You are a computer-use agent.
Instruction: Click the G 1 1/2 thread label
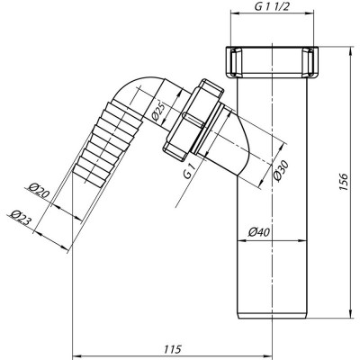coord(272,7)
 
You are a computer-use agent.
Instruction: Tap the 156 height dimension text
coord(344,182)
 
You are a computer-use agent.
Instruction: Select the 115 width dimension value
coord(173,349)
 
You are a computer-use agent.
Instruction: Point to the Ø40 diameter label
coord(259,232)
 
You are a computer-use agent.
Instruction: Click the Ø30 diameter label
coord(281,171)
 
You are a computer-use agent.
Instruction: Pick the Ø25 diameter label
coord(158,112)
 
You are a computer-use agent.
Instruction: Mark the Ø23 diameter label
coord(20,218)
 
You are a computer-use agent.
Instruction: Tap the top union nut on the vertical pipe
coord(272,62)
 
